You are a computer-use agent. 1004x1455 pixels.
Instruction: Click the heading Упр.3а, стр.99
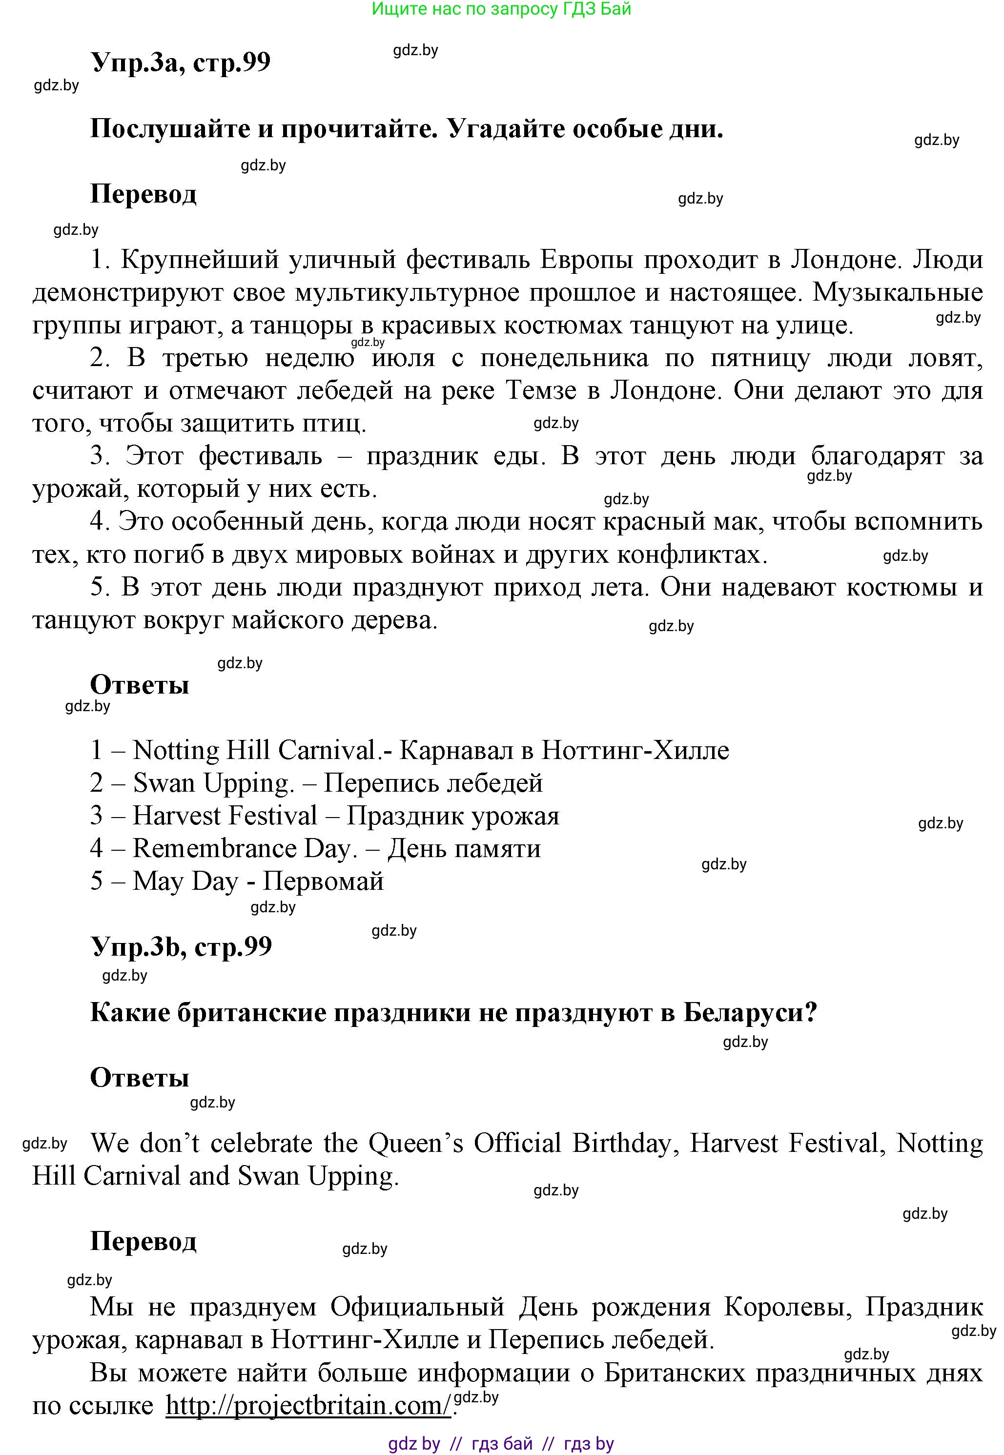click(x=181, y=62)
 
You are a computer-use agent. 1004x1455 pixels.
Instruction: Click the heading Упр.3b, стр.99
click(x=181, y=946)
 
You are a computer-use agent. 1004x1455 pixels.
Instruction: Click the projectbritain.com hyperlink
click(x=308, y=1405)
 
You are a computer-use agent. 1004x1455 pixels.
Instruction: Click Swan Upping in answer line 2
click(x=213, y=782)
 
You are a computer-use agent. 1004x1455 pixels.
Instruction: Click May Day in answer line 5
click(x=185, y=881)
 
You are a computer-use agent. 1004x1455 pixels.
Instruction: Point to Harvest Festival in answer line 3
click(x=225, y=815)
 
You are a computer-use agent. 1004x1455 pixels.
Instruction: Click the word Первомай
click(x=323, y=881)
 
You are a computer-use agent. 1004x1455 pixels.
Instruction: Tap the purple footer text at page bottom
click(x=501, y=1444)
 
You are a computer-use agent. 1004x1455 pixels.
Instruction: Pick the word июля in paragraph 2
click(x=403, y=358)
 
